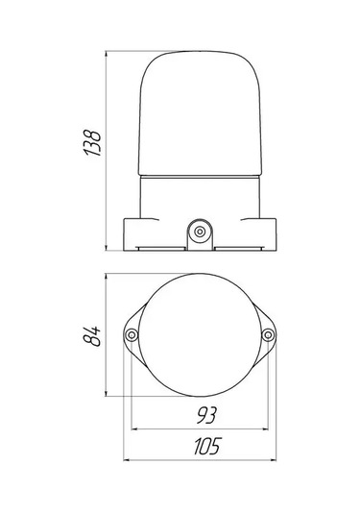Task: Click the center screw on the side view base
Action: (x=200, y=232)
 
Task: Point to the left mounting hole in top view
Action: (x=132, y=334)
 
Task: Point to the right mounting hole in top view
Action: (x=268, y=334)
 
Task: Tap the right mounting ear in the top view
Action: (x=269, y=334)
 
